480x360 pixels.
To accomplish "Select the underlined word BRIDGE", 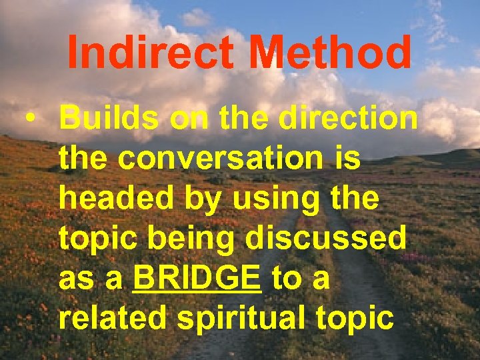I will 197,279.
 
